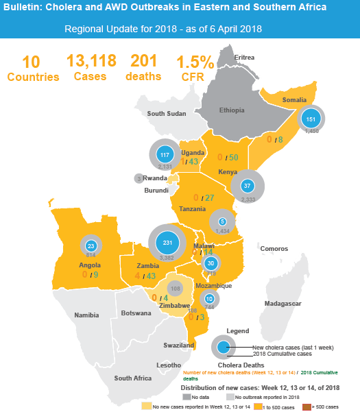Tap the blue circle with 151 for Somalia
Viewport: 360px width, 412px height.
pyautogui.click(x=311, y=117)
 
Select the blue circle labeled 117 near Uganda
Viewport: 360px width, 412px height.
pyautogui.click(x=165, y=155)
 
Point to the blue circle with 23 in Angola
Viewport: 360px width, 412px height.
pyautogui.click(x=91, y=245)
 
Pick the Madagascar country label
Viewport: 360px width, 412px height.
pyautogui.click(x=283, y=303)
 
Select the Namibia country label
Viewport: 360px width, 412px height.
pyautogui.click(x=86, y=315)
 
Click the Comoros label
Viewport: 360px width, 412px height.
pyautogui.click(x=274, y=248)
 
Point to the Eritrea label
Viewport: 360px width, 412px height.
pyautogui.click(x=244, y=57)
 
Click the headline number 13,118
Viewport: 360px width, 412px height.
pyautogui.click(x=91, y=61)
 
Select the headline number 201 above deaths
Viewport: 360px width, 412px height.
pyautogui.click(x=144, y=61)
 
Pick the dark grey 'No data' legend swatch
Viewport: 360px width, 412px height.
pyautogui.click(x=186, y=396)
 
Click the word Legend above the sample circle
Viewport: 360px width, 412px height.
pyautogui.click(x=238, y=331)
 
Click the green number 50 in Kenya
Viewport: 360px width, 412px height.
pyautogui.click(x=233, y=158)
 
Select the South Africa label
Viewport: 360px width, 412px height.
pyautogui.click(x=133, y=378)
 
